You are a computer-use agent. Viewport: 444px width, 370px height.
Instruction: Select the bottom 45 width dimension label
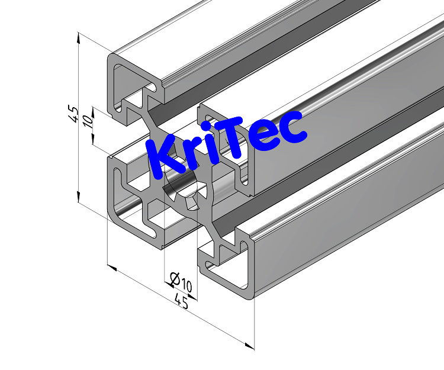(181, 303)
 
